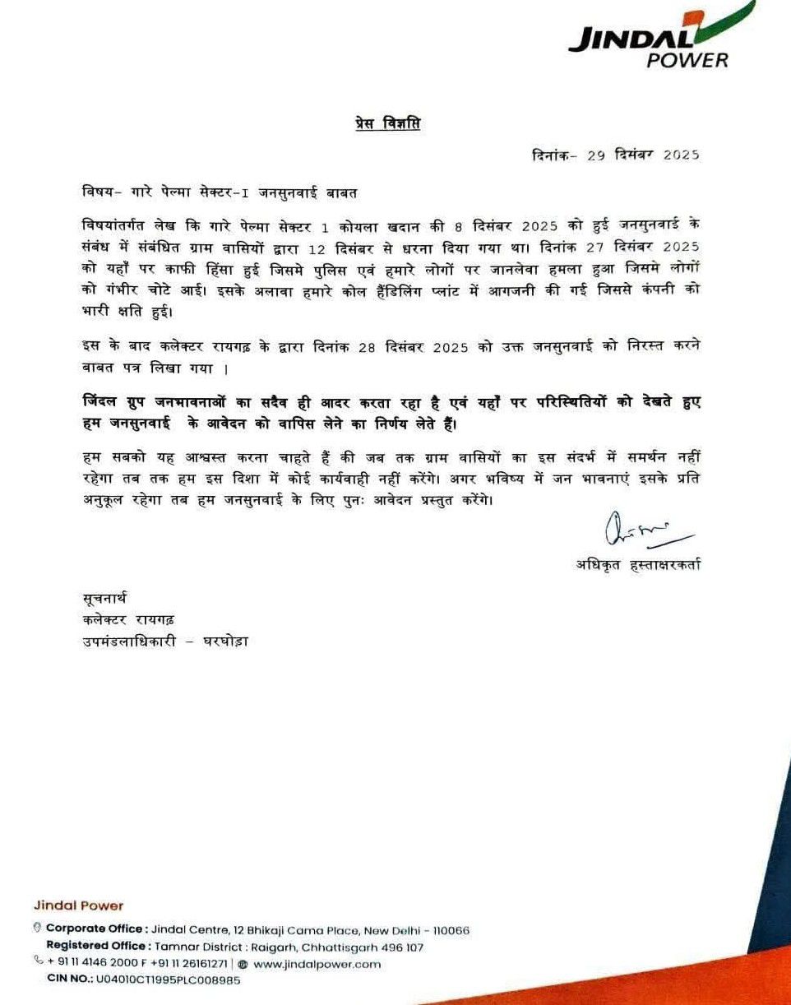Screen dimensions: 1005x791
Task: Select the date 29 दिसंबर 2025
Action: pyautogui.click(x=643, y=155)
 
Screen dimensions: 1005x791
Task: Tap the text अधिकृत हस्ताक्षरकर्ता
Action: pyautogui.click(x=638, y=564)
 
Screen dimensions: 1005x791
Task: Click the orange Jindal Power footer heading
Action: pyautogui.click(x=79, y=905)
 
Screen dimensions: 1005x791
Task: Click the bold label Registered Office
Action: pyautogui.click(x=97, y=947)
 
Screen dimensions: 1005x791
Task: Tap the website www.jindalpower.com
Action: pyautogui.click(x=317, y=964)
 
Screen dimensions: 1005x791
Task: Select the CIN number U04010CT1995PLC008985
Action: pyautogui.click(x=168, y=980)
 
